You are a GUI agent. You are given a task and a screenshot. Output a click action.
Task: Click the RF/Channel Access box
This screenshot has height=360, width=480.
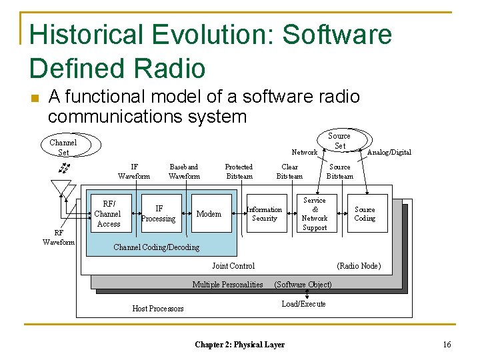click(x=107, y=214)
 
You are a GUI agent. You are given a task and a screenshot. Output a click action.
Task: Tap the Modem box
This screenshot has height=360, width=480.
click(x=209, y=214)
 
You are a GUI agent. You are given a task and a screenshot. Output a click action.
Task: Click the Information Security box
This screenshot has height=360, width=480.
click(x=265, y=214)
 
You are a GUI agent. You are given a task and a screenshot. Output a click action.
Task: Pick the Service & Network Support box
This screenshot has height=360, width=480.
click(x=315, y=214)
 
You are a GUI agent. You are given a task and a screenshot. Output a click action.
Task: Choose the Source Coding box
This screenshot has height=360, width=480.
click(x=365, y=214)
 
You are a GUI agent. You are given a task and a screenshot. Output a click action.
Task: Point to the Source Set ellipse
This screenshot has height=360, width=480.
click(x=339, y=141)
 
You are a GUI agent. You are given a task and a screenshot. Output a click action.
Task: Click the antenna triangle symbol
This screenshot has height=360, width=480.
click(x=61, y=189)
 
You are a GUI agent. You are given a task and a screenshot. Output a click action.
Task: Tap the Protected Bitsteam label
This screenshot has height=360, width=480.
click(x=239, y=171)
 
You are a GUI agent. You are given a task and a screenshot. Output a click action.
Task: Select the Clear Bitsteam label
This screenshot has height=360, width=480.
click(x=289, y=171)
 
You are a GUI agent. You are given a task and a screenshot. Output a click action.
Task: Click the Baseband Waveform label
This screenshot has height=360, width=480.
click(x=184, y=171)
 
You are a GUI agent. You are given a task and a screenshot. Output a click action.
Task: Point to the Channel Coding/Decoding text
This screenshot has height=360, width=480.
click(x=156, y=247)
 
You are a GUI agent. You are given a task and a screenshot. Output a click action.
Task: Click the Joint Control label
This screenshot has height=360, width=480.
click(x=233, y=265)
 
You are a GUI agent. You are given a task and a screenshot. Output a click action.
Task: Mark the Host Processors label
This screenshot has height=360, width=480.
click(x=158, y=308)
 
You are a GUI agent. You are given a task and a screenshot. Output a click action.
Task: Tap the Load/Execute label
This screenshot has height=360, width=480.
click(x=303, y=304)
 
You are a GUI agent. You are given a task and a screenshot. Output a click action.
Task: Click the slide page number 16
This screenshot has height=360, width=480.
click(x=447, y=344)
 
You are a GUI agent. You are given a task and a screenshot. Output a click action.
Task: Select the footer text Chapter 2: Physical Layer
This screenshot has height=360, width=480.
click(x=239, y=345)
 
